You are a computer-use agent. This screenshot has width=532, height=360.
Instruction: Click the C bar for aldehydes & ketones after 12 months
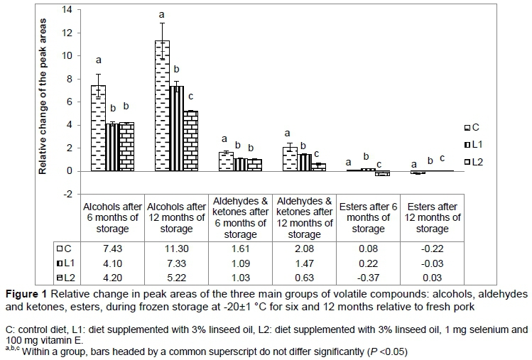click(289, 159)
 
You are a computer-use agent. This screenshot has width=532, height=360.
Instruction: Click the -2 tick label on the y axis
click(67, 194)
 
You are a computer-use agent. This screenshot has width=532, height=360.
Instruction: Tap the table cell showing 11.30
click(176, 249)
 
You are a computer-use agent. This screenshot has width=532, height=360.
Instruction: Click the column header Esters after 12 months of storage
click(432, 218)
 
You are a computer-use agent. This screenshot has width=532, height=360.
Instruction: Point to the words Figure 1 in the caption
click(26, 294)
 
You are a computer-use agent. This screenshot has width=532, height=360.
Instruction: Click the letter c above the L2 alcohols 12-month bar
click(190, 97)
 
